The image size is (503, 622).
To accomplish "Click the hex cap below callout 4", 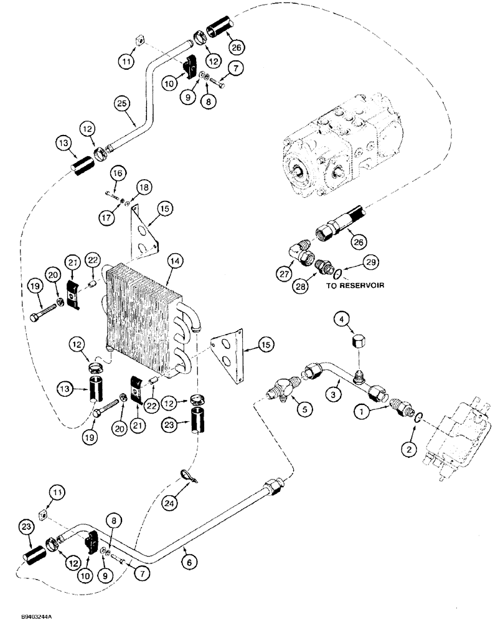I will [x=359, y=343].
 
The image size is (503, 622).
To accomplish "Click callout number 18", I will [x=143, y=187].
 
